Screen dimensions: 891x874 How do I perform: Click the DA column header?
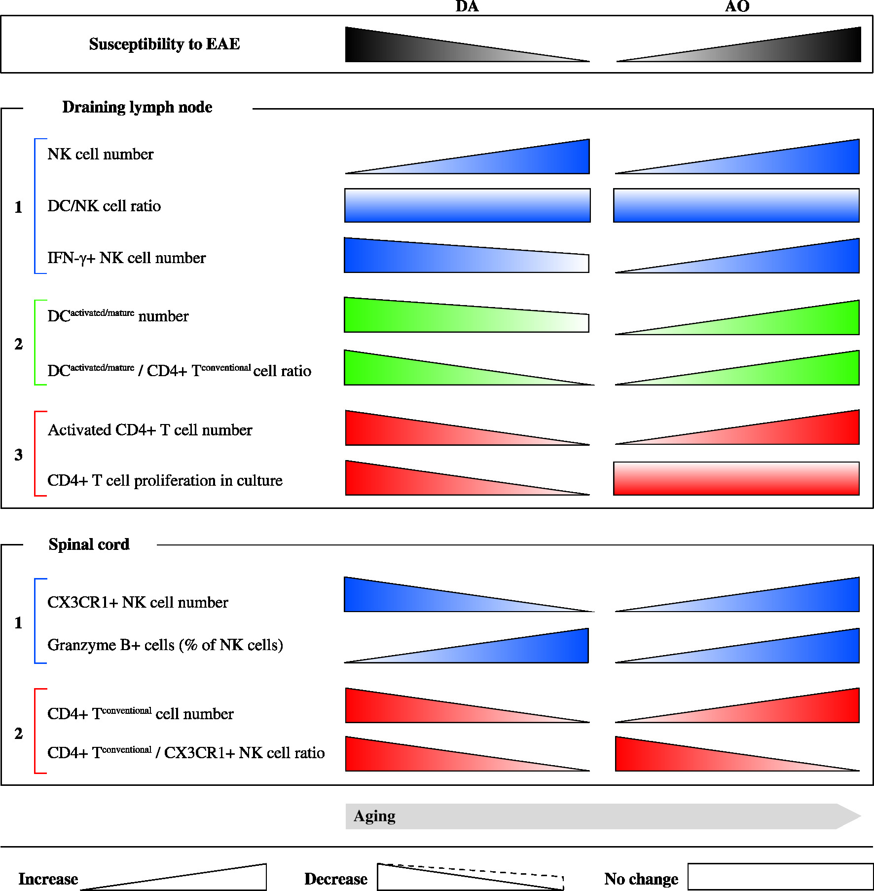(x=467, y=6)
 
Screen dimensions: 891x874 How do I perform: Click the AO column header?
(x=737, y=6)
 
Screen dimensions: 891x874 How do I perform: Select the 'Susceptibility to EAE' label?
(x=164, y=44)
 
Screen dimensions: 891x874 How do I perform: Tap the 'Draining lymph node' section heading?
(x=137, y=107)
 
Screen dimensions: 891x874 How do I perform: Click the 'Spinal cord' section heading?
(x=89, y=544)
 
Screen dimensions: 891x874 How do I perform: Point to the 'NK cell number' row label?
(x=100, y=155)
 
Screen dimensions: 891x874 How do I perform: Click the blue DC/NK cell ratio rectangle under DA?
(x=467, y=205)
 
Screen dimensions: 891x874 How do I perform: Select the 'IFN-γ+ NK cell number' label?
(x=126, y=258)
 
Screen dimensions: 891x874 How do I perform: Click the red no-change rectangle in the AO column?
(x=736, y=478)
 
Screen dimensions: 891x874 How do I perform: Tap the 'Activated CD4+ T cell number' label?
(x=150, y=430)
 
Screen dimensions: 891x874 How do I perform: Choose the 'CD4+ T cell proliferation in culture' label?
(x=165, y=480)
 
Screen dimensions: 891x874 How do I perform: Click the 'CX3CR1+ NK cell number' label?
(x=138, y=602)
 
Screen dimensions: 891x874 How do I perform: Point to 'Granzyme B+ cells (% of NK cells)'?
(x=165, y=645)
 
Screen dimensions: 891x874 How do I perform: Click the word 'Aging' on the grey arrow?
(x=374, y=816)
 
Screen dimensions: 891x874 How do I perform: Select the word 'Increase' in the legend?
(x=48, y=879)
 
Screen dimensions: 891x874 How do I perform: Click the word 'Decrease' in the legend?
(x=335, y=879)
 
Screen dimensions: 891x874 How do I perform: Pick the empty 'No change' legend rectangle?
(x=780, y=877)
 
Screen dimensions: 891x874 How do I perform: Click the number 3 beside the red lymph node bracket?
(x=19, y=455)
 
